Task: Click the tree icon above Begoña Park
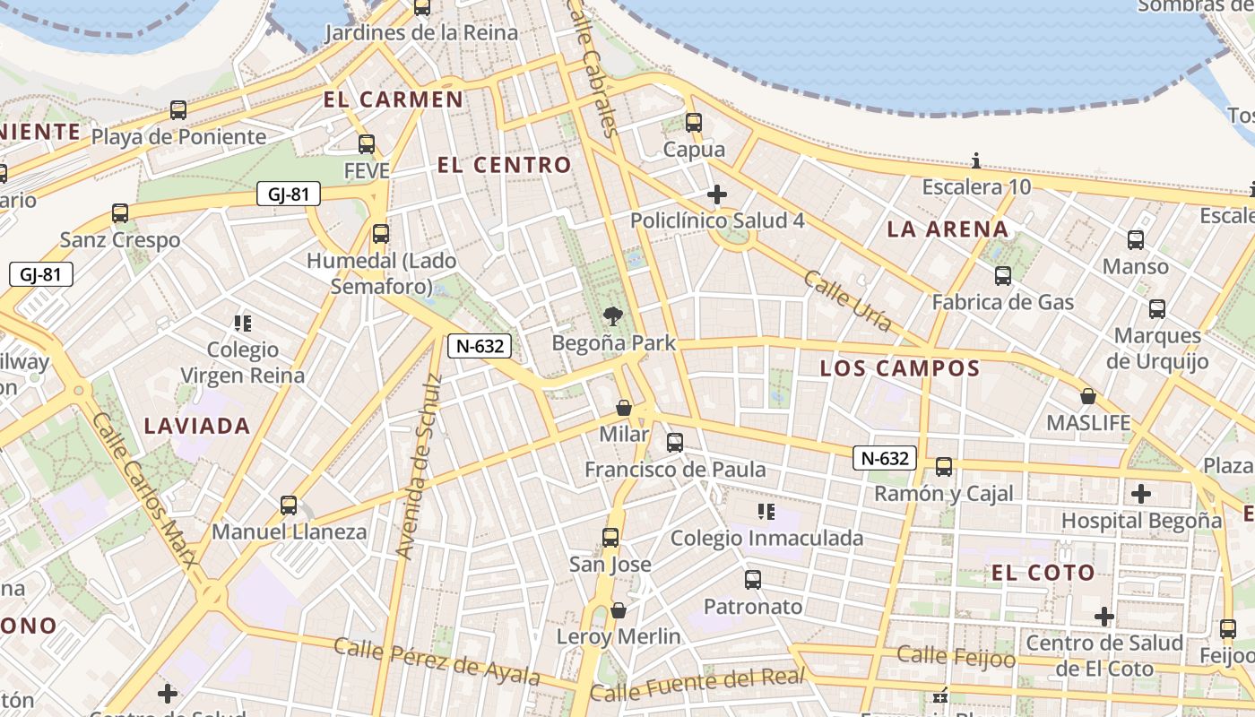pyautogui.click(x=613, y=315)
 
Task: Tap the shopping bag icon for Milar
pyautogui.click(x=624, y=409)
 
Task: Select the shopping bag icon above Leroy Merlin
pyautogui.click(x=618, y=610)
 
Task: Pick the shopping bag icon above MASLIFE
pyautogui.click(x=1088, y=395)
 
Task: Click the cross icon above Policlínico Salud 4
pyautogui.click(x=716, y=194)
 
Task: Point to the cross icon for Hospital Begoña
pyautogui.click(x=1140, y=494)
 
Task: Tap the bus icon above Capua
pyautogui.click(x=693, y=123)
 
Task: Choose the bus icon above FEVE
pyautogui.click(x=366, y=144)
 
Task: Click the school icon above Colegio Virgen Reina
pyautogui.click(x=242, y=323)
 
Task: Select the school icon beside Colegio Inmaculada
pyautogui.click(x=766, y=512)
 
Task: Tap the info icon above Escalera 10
pyautogui.click(x=976, y=161)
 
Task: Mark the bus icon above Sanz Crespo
pyautogui.click(x=119, y=213)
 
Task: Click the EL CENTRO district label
pyautogui.click(x=504, y=165)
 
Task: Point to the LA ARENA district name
pyautogui.click(x=948, y=229)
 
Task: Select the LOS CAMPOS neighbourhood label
pyautogui.click(x=900, y=368)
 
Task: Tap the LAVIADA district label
pyautogui.click(x=197, y=426)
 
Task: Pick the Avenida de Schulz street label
pyautogui.click(x=420, y=466)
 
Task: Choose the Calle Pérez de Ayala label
pyautogui.click(x=437, y=661)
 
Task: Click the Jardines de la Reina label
pyautogui.click(x=421, y=33)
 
